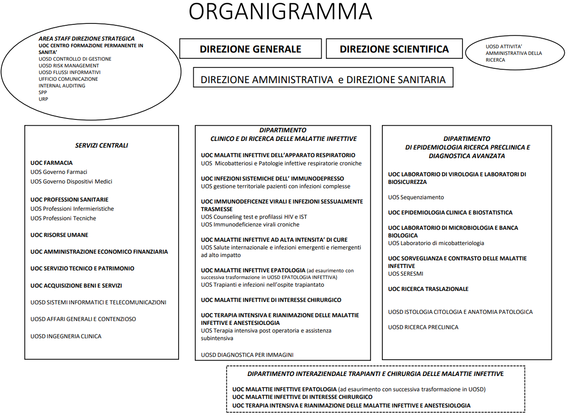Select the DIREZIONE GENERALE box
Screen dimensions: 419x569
250,49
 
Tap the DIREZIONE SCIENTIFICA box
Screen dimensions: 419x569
394,49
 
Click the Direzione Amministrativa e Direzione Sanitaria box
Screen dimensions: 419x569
323,79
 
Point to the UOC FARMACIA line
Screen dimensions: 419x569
52,163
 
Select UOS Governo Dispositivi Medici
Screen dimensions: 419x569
71,182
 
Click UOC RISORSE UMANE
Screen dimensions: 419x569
59,235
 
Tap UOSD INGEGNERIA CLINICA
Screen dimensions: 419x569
66,336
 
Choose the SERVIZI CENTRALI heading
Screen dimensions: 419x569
101,146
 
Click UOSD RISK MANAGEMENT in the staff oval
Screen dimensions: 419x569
69,66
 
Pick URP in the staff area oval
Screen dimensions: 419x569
43,99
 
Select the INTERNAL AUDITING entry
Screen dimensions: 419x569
62,86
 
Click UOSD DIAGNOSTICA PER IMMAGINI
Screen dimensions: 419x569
247,355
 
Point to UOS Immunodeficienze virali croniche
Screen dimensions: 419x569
250,225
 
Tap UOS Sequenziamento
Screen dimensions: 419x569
416,197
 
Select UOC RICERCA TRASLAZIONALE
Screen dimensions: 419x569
428,289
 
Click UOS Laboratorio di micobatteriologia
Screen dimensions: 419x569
436,243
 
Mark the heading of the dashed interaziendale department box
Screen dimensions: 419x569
375,374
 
